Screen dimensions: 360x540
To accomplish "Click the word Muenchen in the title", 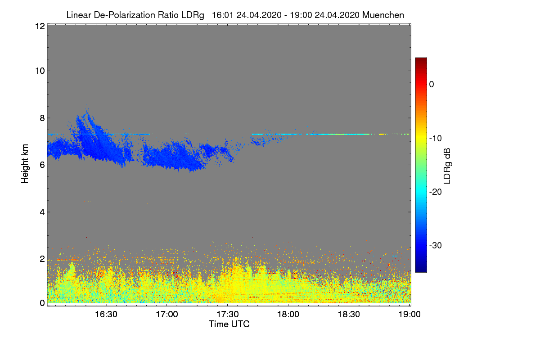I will click(383, 15).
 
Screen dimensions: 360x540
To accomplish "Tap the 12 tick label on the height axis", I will click(39, 26).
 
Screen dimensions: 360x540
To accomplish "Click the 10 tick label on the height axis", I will click(39, 71).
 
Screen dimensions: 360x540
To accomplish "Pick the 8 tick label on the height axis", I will click(41, 118).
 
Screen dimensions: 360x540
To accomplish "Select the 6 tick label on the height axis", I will click(41, 165).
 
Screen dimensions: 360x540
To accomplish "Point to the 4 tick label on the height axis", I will click(41, 212).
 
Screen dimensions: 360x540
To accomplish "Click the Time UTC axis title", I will click(229, 324).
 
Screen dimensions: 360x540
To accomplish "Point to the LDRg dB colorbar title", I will click(447, 165).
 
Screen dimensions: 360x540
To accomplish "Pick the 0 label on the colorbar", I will click(432, 84).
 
